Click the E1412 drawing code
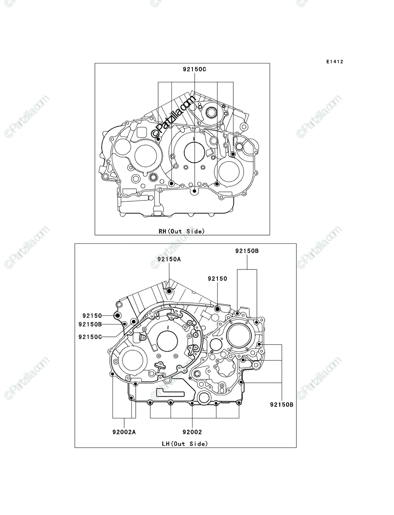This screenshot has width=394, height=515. pyautogui.click(x=335, y=62)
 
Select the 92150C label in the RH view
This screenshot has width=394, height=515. pyautogui.click(x=194, y=69)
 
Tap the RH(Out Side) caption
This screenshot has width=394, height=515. pyautogui.click(x=182, y=231)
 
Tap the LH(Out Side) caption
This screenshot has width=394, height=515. pyautogui.click(x=185, y=444)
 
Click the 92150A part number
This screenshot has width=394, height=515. pyautogui.click(x=169, y=259)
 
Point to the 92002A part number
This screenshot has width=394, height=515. pyautogui.click(x=124, y=432)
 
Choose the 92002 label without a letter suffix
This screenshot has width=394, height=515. pyautogui.click(x=192, y=432)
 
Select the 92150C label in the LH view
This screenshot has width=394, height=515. pyautogui.click(x=90, y=337)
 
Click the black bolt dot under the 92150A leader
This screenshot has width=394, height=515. pyautogui.click(x=169, y=291)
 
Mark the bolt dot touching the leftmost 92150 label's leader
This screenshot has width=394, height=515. pyautogui.click(x=117, y=316)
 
